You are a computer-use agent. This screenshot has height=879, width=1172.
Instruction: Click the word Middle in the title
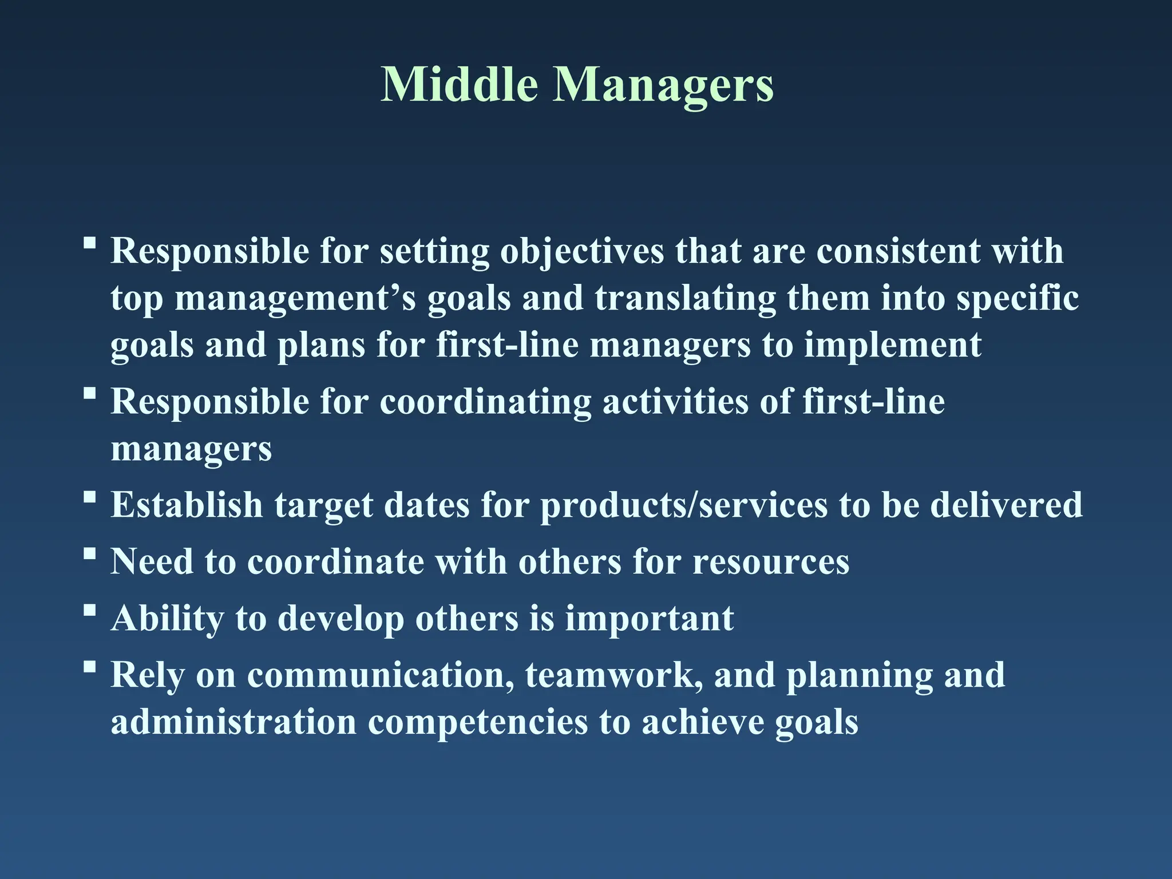click(460, 85)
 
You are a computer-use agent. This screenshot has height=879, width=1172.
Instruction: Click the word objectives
click(581, 252)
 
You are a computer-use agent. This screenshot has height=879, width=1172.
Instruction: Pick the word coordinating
click(485, 402)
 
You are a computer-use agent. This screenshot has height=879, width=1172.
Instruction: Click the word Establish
click(187, 505)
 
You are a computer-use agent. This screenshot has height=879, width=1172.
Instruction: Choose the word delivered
click(1006, 505)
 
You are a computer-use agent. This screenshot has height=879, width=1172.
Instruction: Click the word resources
click(771, 562)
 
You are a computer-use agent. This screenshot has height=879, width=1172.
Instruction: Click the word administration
click(233, 722)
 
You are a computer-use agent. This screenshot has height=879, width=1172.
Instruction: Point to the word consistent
click(898, 252)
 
